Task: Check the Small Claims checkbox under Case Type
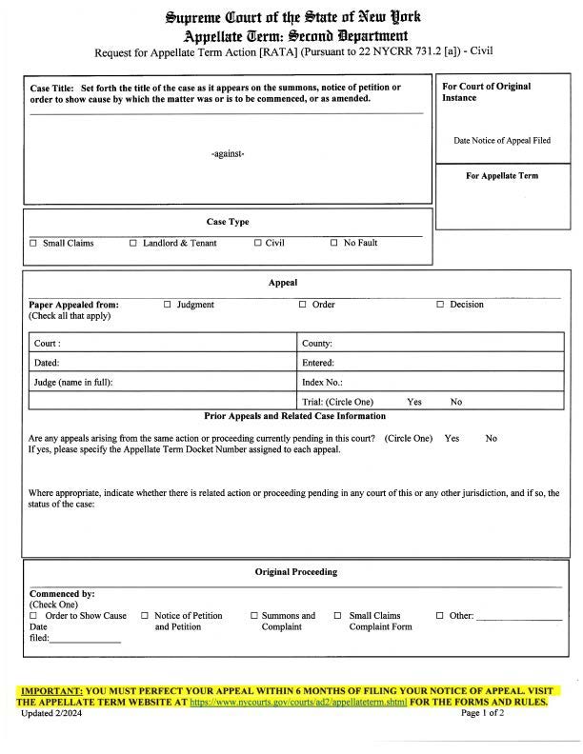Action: coord(33,244)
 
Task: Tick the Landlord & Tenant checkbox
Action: coord(133,244)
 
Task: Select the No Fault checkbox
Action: coord(334,244)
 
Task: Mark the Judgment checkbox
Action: coord(168,306)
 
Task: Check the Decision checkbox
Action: coord(441,306)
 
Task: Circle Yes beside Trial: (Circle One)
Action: coord(414,403)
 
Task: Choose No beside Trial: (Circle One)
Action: coord(456,403)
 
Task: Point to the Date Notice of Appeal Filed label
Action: coord(501,141)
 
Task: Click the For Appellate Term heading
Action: coord(502,176)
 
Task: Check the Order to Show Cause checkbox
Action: coord(33,616)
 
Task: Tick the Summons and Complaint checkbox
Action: coord(253,616)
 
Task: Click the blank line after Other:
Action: coord(518,618)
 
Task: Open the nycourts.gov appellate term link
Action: coord(298,702)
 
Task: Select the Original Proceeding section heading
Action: coord(295,572)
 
